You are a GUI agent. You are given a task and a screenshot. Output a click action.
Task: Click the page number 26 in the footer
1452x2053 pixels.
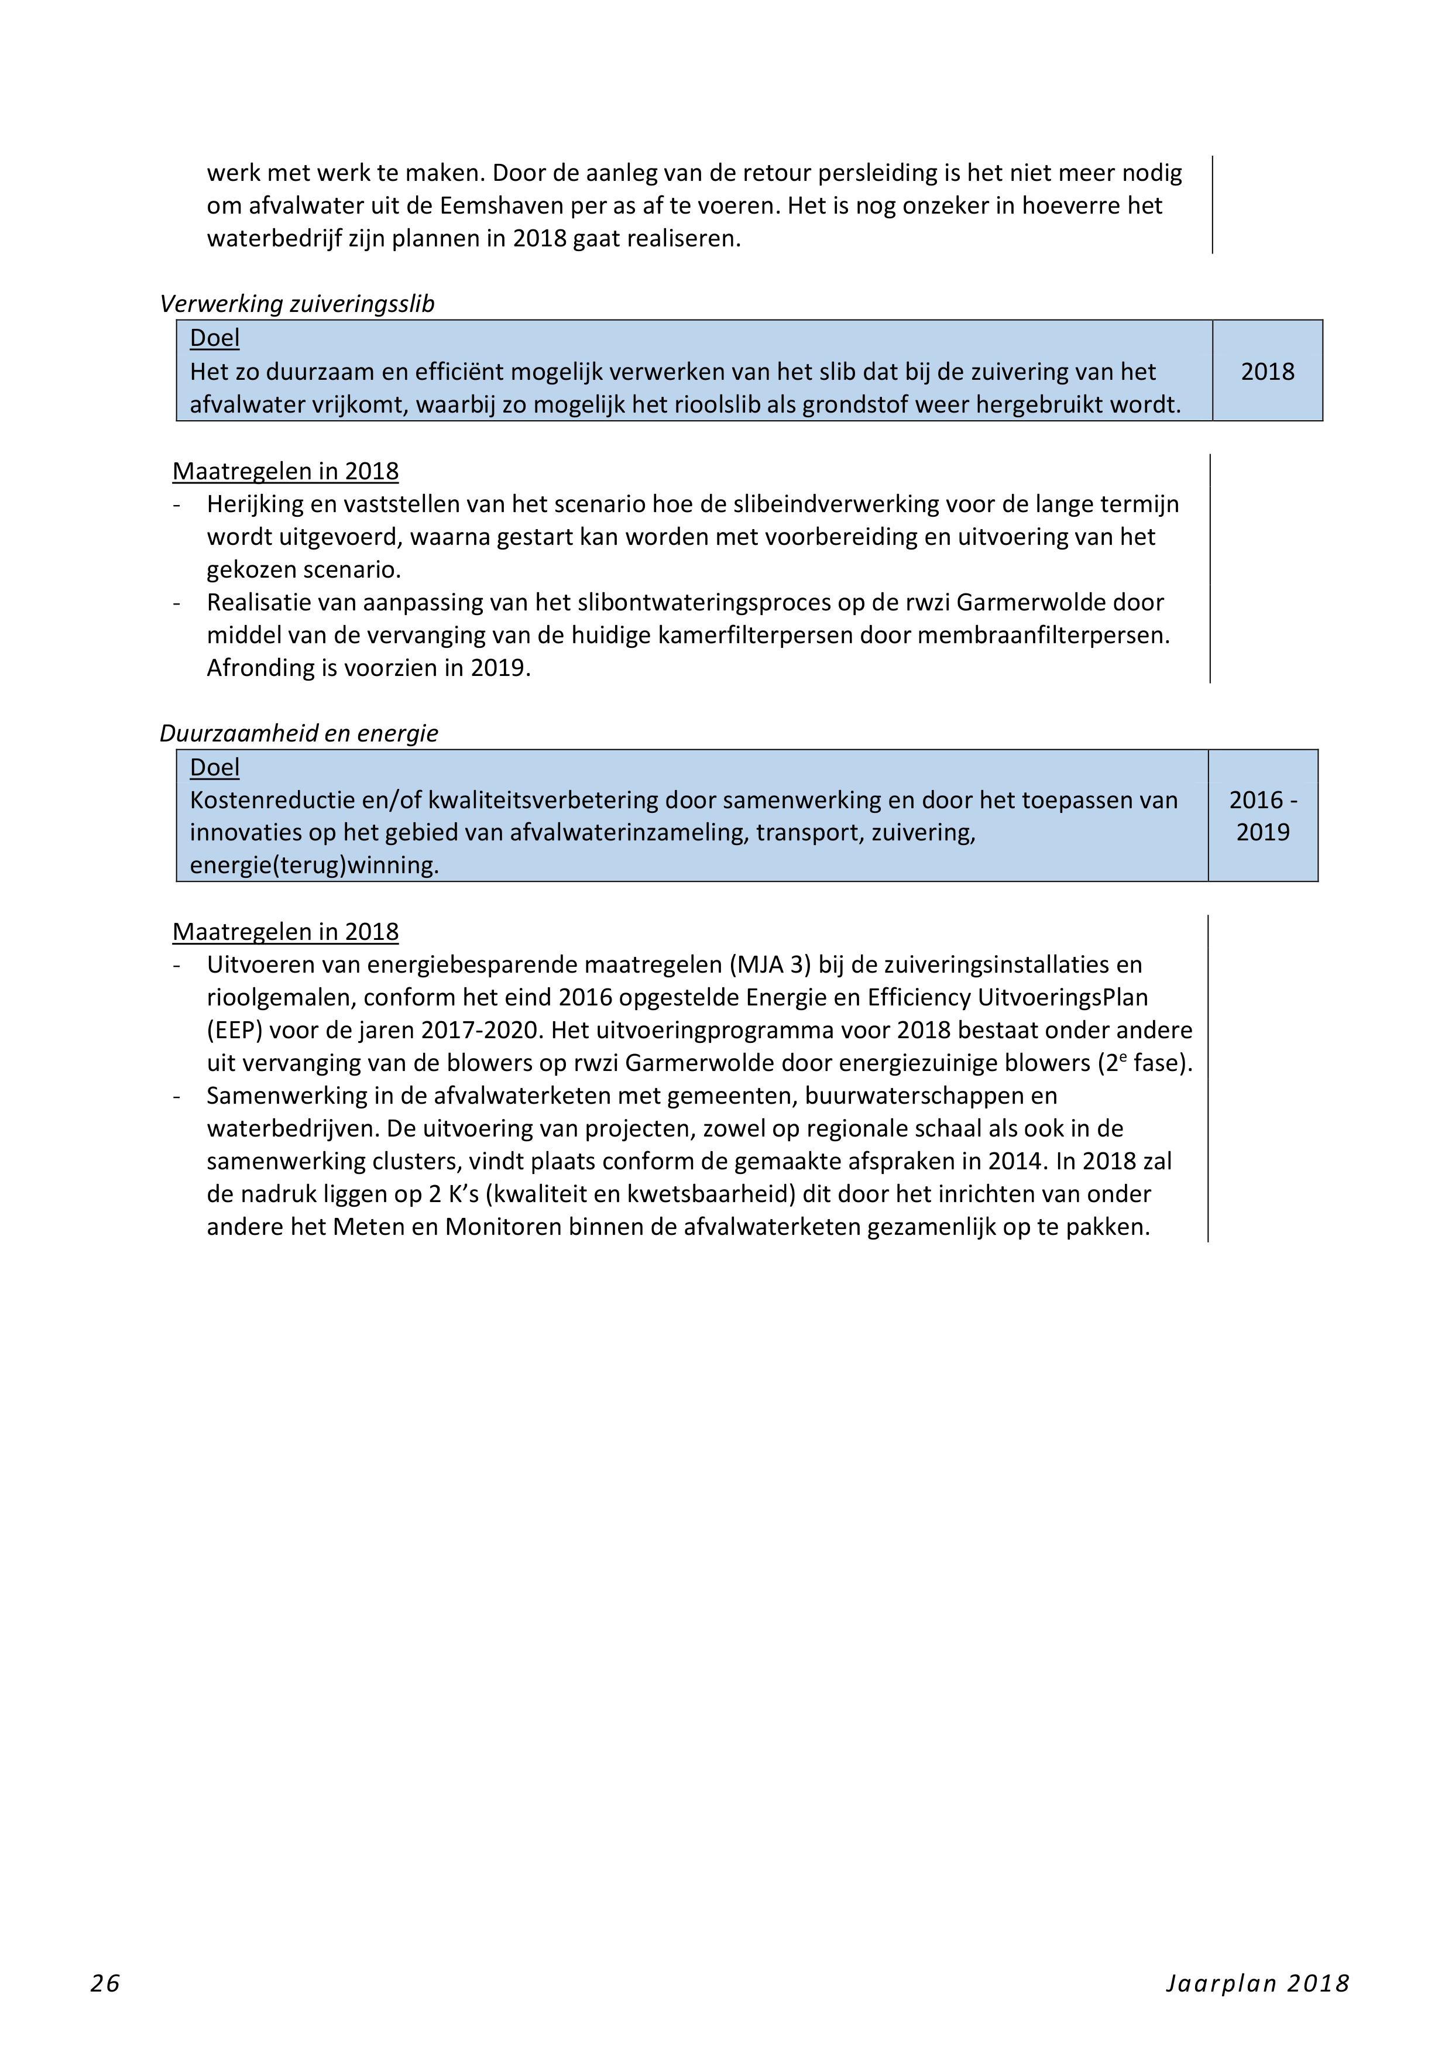click(x=105, y=1983)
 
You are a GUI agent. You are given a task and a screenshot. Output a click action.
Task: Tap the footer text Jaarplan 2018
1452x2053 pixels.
click(x=1256, y=1983)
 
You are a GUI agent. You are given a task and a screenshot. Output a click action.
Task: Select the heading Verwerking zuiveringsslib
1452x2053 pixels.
click(x=297, y=304)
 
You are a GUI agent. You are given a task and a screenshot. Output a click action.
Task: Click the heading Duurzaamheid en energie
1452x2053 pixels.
click(x=298, y=733)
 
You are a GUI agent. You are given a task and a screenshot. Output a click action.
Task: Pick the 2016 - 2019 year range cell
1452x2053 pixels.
click(x=1262, y=815)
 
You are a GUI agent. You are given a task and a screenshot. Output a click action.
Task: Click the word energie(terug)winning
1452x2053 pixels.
click(x=314, y=866)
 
